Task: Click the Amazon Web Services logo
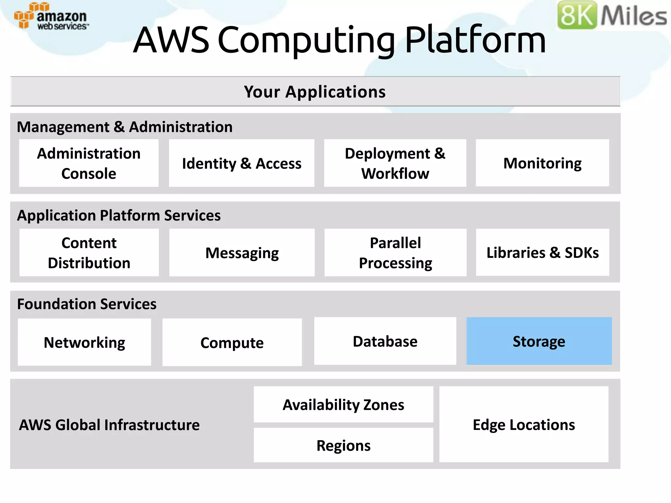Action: tap(51, 16)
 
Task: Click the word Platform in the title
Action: tap(475, 40)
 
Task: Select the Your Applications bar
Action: tap(315, 91)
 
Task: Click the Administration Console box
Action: tap(89, 163)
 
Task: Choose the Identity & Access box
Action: tap(241, 163)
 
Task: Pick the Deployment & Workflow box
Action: tap(395, 163)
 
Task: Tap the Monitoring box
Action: tap(542, 163)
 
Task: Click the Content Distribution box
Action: tap(89, 252)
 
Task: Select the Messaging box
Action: tap(242, 252)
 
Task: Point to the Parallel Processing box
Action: tap(395, 252)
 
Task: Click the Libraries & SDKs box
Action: tap(542, 252)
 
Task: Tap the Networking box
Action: tap(84, 342)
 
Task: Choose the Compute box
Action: tap(232, 343)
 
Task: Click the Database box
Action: tap(385, 341)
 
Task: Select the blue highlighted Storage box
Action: tap(539, 341)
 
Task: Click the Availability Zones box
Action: tap(343, 404)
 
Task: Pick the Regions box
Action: tap(343, 445)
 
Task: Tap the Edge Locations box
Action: tap(524, 424)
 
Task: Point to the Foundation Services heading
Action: tap(86, 304)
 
